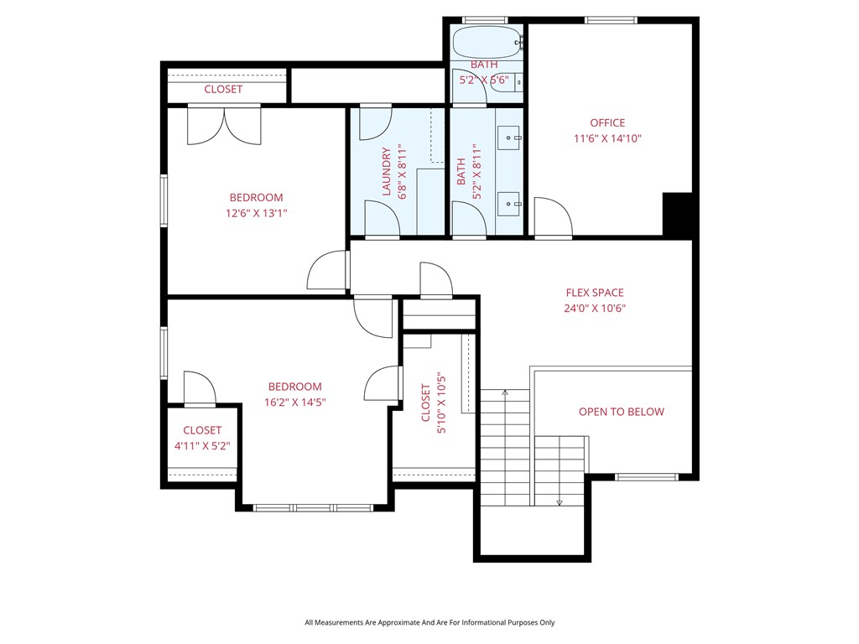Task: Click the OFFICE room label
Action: (607, 123)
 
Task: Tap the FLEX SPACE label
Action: (595, 293)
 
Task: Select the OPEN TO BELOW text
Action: (621, 412)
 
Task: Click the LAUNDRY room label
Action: (387, 172)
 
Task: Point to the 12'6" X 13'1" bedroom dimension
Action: (256, 213)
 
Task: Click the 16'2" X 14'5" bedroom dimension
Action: (294, 402)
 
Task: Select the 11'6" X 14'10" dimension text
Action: (607, 138)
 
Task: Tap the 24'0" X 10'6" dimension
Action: (595, 308)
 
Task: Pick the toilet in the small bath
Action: (518, 82)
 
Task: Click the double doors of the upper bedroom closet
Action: (224, 124)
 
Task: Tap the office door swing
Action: (552, 218)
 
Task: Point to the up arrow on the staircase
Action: (505, 392)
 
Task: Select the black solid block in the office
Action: (678, 215)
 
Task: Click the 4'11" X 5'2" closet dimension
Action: (202, 445)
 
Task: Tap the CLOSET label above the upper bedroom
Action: (223, 89)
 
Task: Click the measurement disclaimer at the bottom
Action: (429, 622)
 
